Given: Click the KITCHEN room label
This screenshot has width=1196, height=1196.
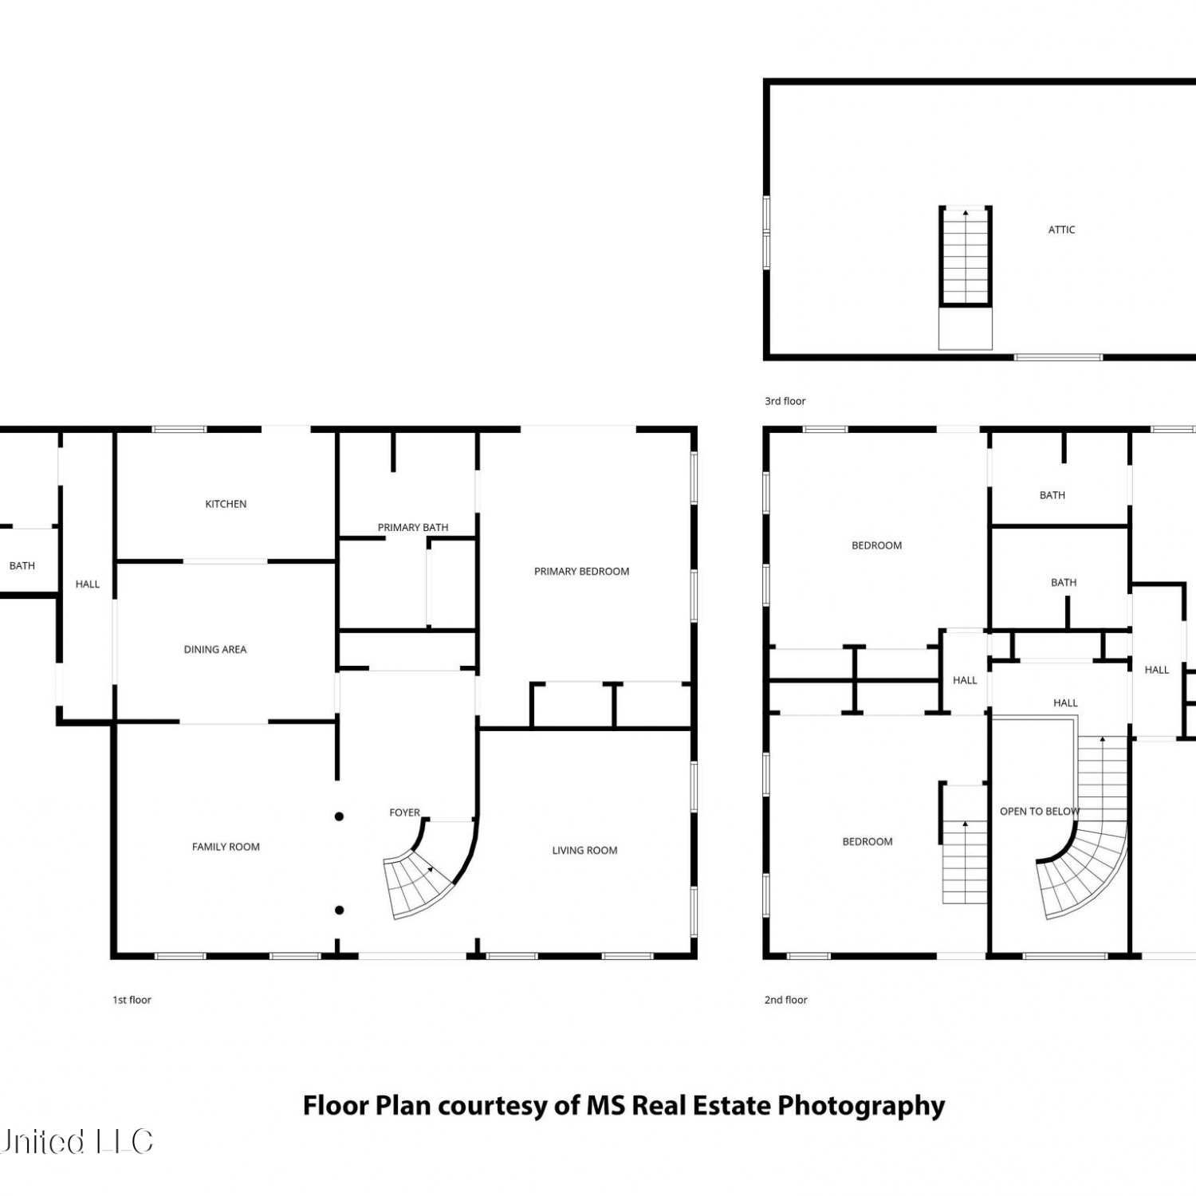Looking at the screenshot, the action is (x=226, y=504).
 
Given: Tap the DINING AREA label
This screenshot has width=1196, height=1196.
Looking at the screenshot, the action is (x=215, y=650).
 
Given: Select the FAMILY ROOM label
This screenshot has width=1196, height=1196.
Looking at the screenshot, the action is (x=226, y=847).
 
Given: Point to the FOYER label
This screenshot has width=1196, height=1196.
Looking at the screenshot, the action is (x=404, y=812).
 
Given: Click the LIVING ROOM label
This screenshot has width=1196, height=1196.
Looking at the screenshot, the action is (x=584, y=851).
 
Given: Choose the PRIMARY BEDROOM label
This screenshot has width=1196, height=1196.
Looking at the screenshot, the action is (x=581, y=572).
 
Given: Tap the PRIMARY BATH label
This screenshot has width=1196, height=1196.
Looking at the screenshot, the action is (x=413, y=528).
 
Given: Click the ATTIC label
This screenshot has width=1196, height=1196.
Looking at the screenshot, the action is (x=1061, y=230).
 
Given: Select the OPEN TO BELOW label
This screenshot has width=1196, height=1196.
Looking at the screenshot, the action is (x=1040, y=812).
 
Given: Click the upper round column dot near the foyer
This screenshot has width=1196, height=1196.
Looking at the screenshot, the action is (x=339, y=816).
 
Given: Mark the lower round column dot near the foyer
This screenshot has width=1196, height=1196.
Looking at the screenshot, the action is (x=339, y=910).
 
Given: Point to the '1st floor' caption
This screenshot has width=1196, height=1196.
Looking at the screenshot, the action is (x=132, y=1000).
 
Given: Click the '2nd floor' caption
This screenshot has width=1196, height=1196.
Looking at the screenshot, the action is (x=786, y=1000).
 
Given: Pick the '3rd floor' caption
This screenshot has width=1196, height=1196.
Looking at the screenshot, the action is (x=785, y=401).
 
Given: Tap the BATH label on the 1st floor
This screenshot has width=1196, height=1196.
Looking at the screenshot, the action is (x=22, y=566).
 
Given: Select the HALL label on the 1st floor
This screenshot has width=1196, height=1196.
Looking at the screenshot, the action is (x=88, y=584).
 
